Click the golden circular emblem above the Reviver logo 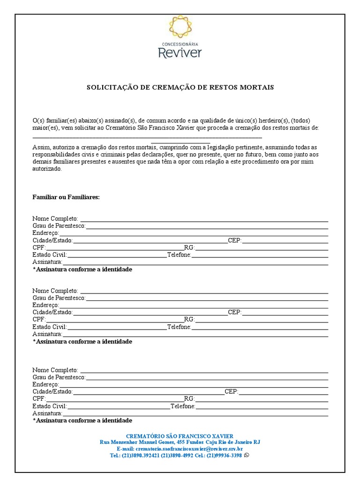[180, 27]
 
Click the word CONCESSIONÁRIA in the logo [180, 44]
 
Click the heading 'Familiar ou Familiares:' [66, 197]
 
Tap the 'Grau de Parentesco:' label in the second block [59, 298]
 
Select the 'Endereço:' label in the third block [45, 384]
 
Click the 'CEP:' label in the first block [234, 240]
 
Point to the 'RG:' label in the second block [189, 320]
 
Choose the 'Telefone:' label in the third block [183, 406]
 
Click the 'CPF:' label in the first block [39, 247]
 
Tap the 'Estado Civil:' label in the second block [50, 327]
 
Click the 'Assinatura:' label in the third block [47, 413]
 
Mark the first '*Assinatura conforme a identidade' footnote [82, 270]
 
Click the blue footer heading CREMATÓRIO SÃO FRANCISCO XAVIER [180, 436]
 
